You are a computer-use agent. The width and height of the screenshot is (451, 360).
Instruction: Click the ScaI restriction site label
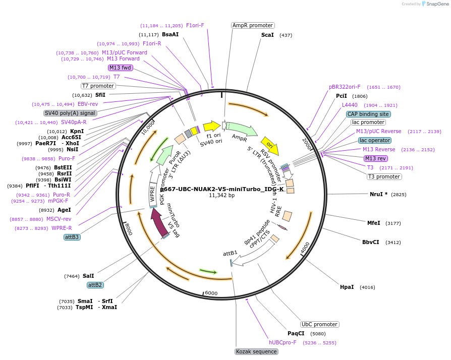(267, 35)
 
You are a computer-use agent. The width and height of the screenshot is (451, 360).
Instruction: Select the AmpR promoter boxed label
(252, 25)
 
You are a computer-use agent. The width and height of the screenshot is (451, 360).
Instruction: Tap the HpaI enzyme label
(347, 287)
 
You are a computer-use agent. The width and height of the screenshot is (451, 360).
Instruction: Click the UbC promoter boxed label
(319, 324)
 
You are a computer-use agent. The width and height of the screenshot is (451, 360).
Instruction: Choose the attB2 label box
(95, 285)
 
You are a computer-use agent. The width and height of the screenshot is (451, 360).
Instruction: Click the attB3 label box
(72, 237)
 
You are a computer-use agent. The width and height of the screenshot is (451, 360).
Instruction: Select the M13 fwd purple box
(120, 68)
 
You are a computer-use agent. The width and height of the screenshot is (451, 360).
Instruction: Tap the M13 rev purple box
(376, 158)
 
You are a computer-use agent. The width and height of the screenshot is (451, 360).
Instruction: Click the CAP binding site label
(368, 114)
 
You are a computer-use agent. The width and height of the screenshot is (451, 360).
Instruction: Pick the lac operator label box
(375, 140)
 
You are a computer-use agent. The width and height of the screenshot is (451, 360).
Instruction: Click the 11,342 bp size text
(222, 195)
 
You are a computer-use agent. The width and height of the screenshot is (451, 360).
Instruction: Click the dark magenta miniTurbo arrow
(160, 223)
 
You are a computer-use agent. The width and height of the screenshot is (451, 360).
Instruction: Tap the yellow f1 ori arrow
(211, 126)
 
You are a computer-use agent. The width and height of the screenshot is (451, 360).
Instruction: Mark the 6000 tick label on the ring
(210, 293)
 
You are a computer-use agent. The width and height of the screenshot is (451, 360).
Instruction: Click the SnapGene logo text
(437, 4)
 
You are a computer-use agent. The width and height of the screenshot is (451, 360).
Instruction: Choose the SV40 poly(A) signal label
(70, 113)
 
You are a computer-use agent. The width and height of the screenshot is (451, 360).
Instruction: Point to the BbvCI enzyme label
(370, 242)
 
